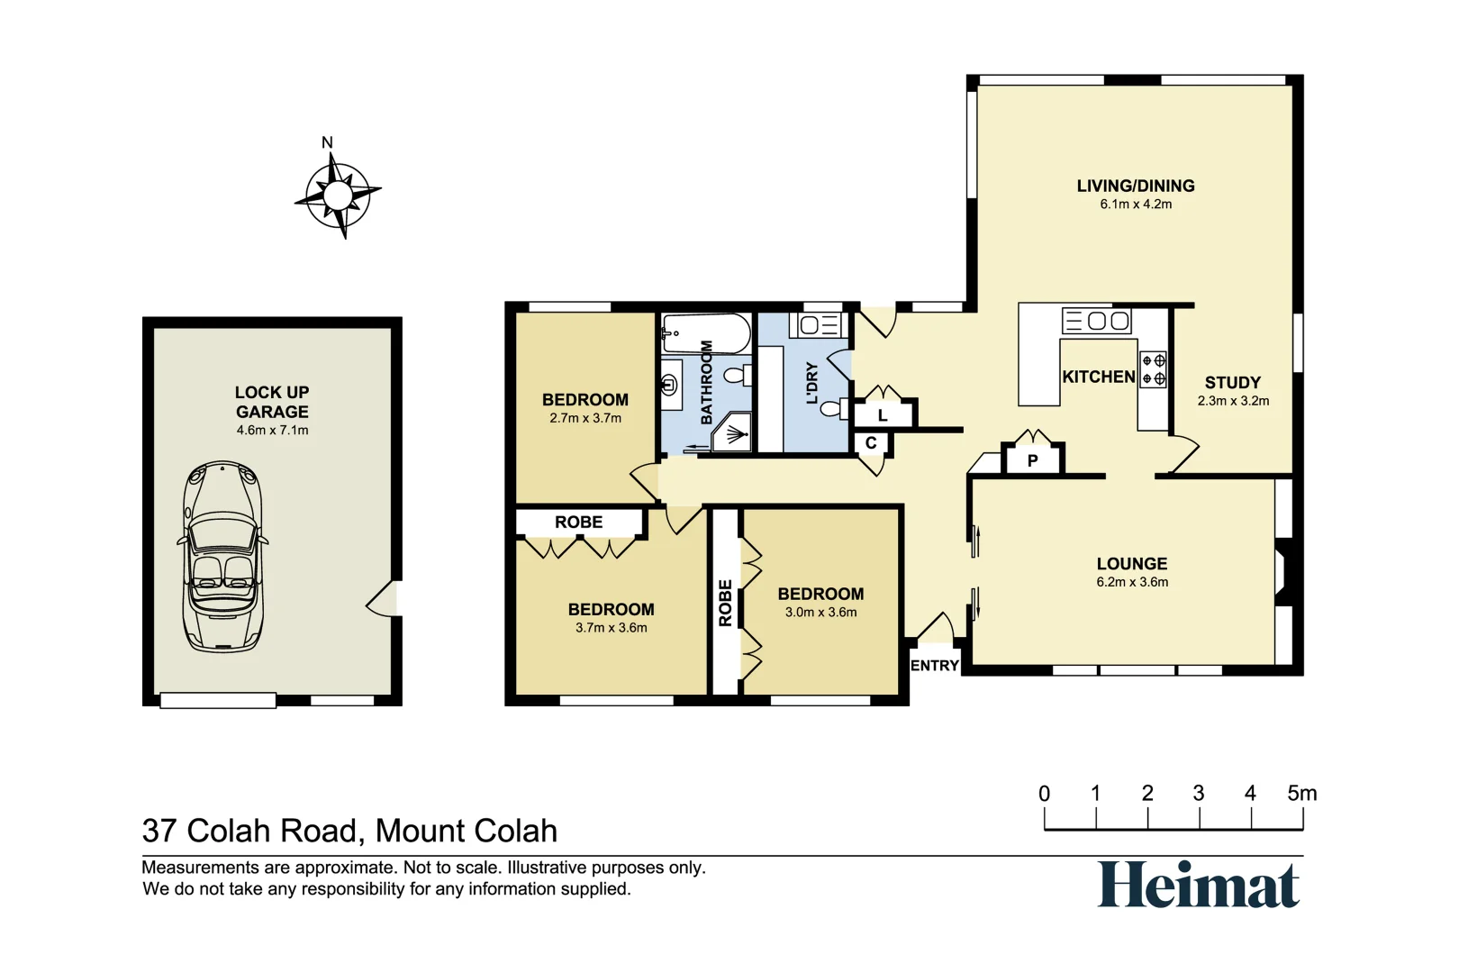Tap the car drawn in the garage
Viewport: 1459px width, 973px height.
click(222, 556)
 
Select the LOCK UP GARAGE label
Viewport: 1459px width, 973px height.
click(272, 402)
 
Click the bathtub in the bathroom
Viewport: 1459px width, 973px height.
click(707, 333)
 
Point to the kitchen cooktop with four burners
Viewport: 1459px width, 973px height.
click(1154, 369)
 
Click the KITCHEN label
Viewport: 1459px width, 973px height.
click(1098, 377)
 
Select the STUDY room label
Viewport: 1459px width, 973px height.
click(1232, 382)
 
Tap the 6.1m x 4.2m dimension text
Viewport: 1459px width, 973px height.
click(1135, 205)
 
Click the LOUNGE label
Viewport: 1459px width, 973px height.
click(1131, 563)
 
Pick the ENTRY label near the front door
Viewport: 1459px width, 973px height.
click(934, 665)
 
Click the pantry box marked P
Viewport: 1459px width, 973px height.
click(1032, 459)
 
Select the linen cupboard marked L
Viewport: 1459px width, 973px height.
click(883, 415)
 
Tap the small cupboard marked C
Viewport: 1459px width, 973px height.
click(871, 443)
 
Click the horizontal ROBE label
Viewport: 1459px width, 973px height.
click(578, 522)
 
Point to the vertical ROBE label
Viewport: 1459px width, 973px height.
click(725, 603)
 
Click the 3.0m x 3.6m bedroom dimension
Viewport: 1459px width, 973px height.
click(820, 613)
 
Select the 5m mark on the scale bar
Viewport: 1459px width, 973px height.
click(1301, 794)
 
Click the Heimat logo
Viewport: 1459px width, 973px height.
click(1198, 885)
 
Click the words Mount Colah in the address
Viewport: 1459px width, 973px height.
click(466, 831)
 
